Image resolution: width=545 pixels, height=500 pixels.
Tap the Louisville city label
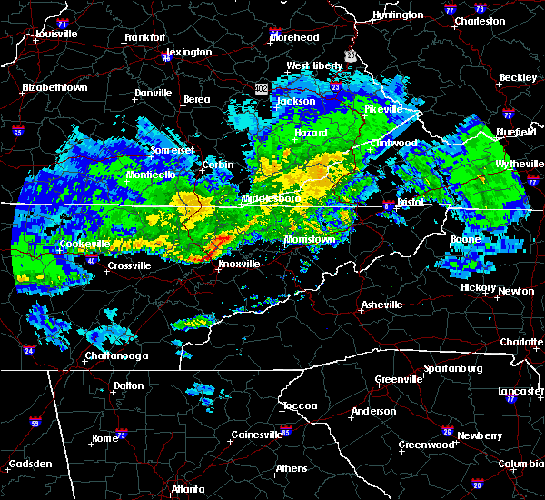click(x=55, y=34)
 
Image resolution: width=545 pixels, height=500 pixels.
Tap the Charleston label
click(x=481, y=20)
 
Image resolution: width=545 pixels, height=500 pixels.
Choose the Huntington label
click(x=398, y=15)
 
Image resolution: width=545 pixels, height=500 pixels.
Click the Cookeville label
click(x=84, y=245)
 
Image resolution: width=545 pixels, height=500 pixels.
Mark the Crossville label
click(x=128, y=266)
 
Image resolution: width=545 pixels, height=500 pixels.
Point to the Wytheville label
click(x=514, y=165)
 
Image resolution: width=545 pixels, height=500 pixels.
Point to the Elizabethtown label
click(x=54, y=88)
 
